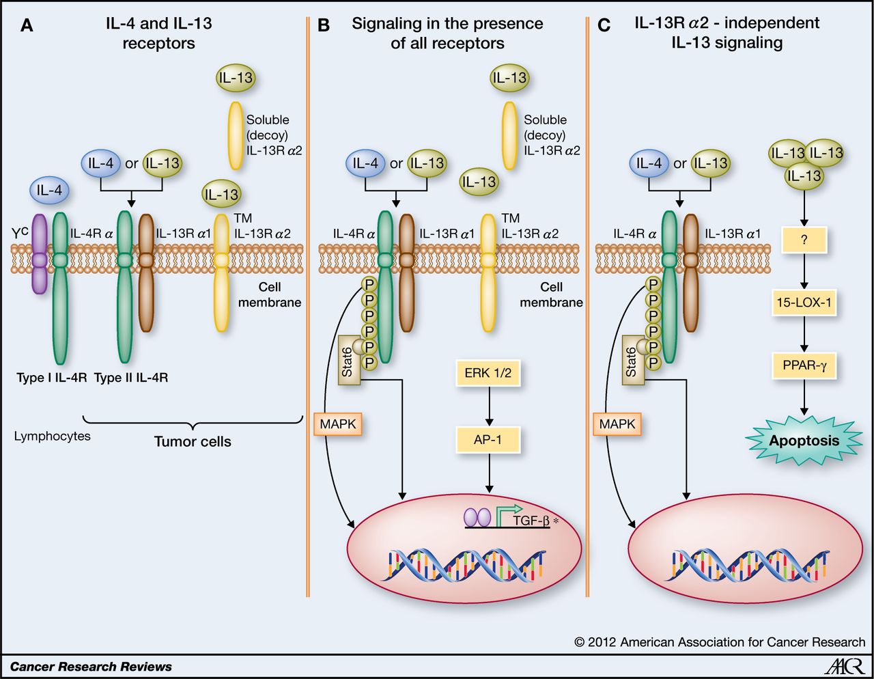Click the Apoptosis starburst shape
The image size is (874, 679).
click(x=804, y=441)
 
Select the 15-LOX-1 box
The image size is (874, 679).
click(x=804, y=302)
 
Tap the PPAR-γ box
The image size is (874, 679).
click(x=804, y=365)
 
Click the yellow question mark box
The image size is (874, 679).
click(x=804, y=240)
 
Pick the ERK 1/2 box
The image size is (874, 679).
click(x=488, y=373)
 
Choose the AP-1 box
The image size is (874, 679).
click(x=488, y=439)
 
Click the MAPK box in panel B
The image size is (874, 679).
click(x=338, y=424)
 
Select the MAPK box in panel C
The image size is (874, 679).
click(x=617, y=424)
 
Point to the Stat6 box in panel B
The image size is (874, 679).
click(x=348, y=360)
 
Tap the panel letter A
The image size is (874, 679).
click(x=27, y=26)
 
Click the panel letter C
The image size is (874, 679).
click(x=604, y=26)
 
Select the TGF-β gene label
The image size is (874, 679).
click(x=531, y=521)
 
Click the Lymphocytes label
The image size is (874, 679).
click(x=52, y=436)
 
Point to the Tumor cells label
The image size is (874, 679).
click(x=193, y=442)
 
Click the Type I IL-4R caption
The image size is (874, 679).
click(x=52, y=377)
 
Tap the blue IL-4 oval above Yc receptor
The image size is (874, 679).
click(x=49, y=191)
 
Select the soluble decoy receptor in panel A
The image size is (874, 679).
click(x=236, y=135)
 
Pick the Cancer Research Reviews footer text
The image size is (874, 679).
click(x=91, y=667)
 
